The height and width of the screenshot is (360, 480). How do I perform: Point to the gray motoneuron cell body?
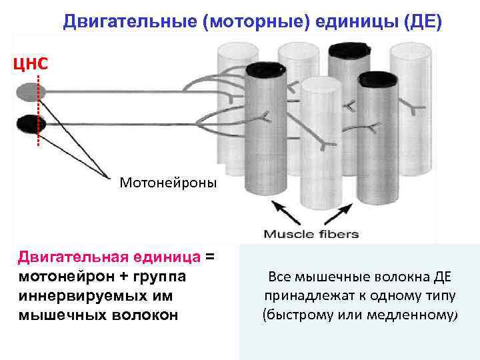pyautogui.click(x=29, y=91)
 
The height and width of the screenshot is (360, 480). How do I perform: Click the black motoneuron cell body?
pyautogui.click(x=29, y=123)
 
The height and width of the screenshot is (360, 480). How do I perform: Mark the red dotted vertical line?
pyautogui.click(x=39, y=110)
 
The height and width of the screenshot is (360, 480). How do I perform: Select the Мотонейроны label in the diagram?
pyautogui.click(x=168, y=181)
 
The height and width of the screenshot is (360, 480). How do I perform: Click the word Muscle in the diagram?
pyautogui.click(x=288, y=234)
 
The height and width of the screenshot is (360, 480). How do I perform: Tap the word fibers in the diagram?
pyautogui.click(x=338, y=234)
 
